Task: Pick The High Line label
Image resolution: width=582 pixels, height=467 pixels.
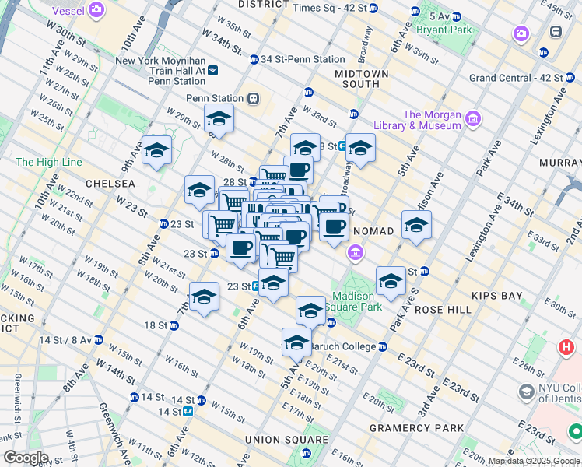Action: pos(48,162)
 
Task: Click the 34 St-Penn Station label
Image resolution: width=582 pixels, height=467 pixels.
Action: pos(303,59)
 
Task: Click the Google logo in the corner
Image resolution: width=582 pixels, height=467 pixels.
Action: pos(26,458)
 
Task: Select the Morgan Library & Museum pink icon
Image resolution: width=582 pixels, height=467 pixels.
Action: pos(473,119)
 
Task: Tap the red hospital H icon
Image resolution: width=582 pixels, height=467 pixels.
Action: pos(566,347)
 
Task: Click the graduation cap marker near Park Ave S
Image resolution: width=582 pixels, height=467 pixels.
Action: pos(391,280)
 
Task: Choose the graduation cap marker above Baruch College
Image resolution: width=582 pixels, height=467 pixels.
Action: pos(310,311)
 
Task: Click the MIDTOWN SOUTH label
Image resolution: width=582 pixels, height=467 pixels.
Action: pos(361,79)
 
